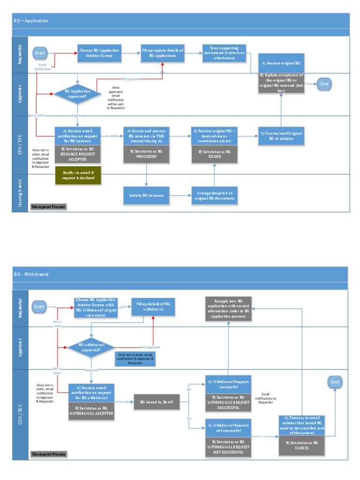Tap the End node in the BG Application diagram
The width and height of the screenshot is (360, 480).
tap(323, 84)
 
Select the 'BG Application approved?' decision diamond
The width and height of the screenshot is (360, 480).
tap(77, 93)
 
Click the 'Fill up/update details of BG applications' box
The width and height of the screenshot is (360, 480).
tap(162, 53)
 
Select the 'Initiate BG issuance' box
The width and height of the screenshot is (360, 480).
tap(146, 195)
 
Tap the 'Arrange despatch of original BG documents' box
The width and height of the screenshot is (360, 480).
tap(214, 195)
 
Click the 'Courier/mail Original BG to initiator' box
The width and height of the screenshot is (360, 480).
tap(281, 136)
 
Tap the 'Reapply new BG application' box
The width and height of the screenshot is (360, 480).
tap(228, 308)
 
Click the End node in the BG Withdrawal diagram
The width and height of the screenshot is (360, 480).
tap(335, 382)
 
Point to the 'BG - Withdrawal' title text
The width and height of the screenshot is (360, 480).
tap(31, 274)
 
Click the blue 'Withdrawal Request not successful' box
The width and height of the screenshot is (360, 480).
tap(228, 427)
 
